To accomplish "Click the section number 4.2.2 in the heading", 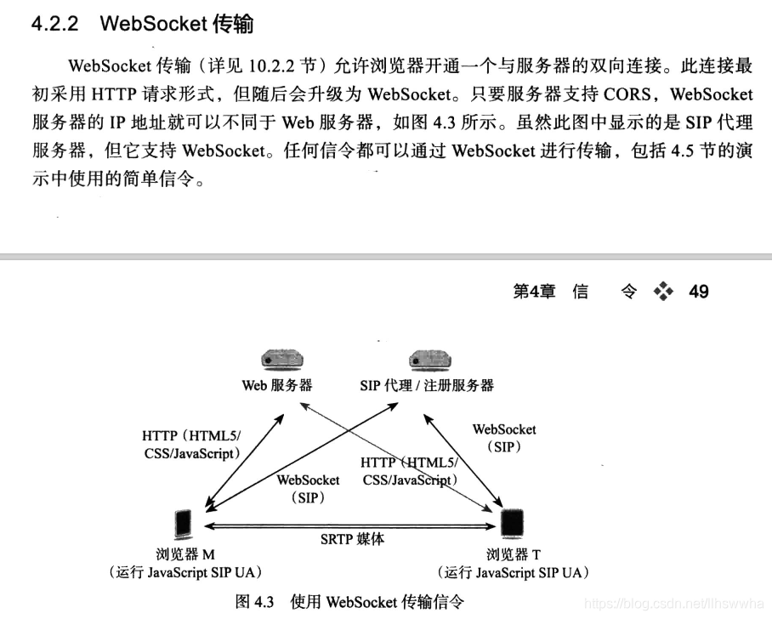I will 55,24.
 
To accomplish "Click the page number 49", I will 699,292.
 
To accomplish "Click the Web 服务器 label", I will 277,385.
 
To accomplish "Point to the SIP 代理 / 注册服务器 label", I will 427,385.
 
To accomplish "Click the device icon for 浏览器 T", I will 510,524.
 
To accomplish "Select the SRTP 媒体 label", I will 352,539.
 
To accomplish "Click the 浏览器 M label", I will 186,555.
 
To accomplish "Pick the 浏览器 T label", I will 514,555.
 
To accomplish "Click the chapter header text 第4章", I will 535,292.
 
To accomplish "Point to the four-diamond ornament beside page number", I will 663,292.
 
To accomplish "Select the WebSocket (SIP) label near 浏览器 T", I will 504,438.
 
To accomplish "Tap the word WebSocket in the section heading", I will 153,24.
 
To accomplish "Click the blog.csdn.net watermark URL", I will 676,604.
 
